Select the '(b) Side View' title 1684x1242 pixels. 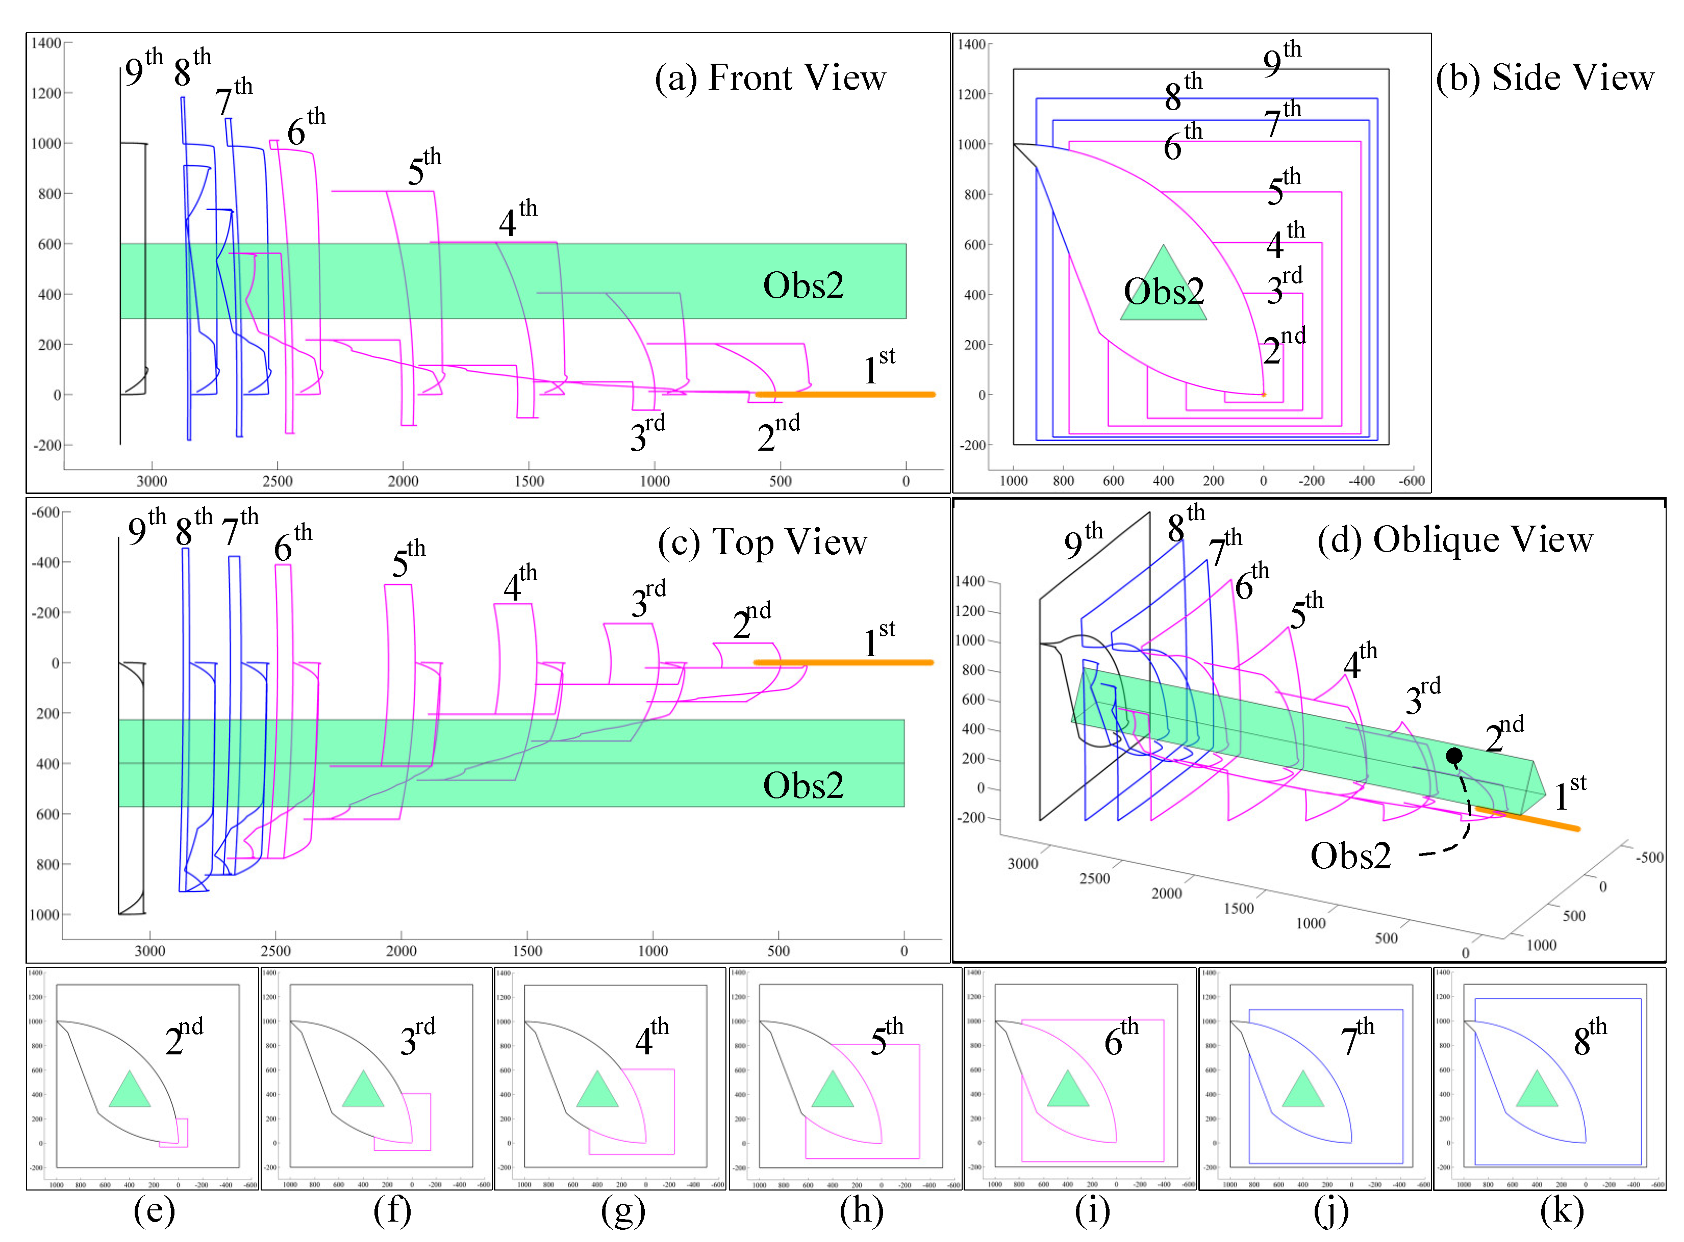point(1544,77)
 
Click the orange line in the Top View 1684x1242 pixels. point(842,662)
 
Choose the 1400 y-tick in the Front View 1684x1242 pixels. point(46,43)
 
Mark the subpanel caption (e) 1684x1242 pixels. point(154,1210)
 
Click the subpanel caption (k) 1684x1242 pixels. point(1562,1210)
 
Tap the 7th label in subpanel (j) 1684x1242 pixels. point(1356,1038)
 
